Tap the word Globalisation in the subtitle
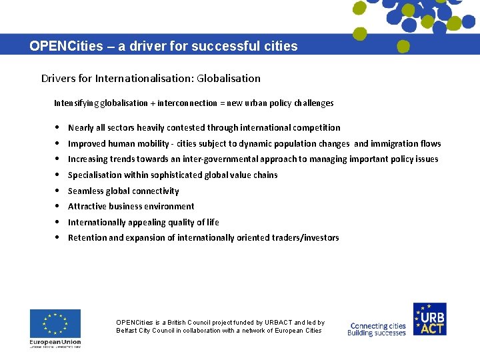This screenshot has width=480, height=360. click(x=228, y=79)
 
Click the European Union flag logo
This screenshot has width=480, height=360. click(x=55, y=324)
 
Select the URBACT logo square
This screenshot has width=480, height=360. click(x=429, y=319)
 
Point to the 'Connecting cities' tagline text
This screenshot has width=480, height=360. click(x=377, y=326)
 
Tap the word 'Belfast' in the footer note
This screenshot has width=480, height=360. click(x=126, y=331)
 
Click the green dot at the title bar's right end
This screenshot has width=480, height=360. click(x=403, y=47)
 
